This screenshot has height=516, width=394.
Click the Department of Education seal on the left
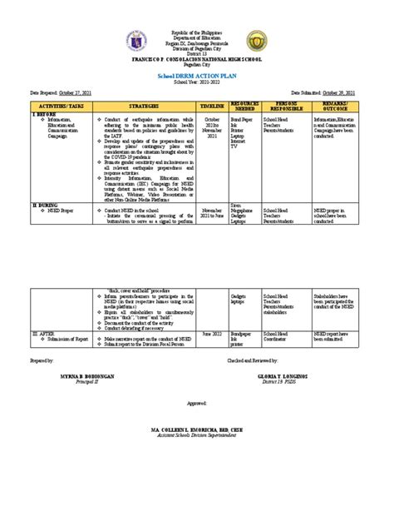point(136,41)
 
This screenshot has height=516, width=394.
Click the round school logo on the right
point(258,41)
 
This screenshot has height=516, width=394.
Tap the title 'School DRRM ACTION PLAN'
point(196,75)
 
